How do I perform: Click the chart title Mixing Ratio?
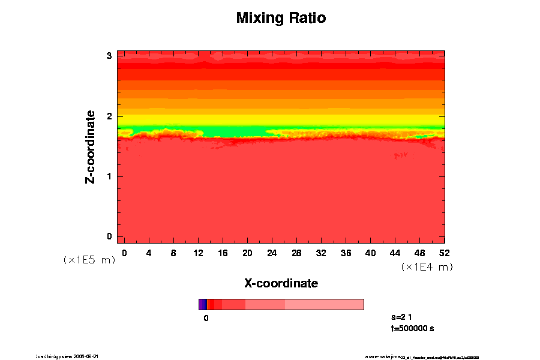[x=281, y=18]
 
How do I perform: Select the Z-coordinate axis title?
[x=91, y=146]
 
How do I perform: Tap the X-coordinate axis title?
[x=281, y=283]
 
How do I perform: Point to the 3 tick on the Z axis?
[x=109, y=55]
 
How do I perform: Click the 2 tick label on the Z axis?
[x=109, y=116]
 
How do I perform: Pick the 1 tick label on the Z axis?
[x=109, y=176]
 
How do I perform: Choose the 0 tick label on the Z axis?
[x=109, y=236]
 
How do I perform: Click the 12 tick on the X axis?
[x=198, y=253]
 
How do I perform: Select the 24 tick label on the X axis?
[x=272, y=253]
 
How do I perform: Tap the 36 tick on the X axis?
[x=346, y=253]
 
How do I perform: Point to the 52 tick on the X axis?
[x=445, y=253]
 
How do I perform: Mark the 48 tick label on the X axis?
[x=420, y=253]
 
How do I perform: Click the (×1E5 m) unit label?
[x=89, y=260]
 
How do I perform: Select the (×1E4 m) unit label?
[x=427, y=267]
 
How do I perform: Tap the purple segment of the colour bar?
[x=202, y=304]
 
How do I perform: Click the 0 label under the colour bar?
[x=206, y=319]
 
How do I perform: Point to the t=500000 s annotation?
[x=412, y=328]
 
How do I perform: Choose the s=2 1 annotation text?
[x=401, y=316]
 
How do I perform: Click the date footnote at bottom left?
[x=67, y=356]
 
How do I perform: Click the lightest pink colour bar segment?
[x=324, y=304]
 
